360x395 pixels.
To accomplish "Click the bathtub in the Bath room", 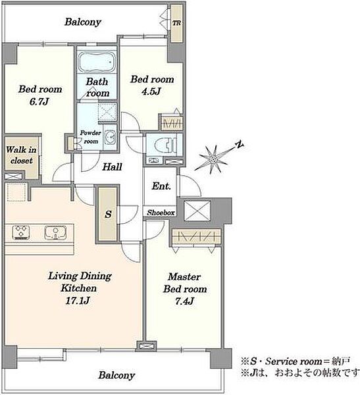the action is click(x=97, y=62).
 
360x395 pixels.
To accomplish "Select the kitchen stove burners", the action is click(x=21, y=232).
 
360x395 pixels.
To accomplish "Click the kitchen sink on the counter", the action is click(x=55, y=232).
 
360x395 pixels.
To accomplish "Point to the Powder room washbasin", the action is click(x=110, y=138).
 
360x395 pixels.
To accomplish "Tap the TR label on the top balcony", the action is click(x=176, y=23).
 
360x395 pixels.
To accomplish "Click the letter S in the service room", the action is click(x=108, y=215).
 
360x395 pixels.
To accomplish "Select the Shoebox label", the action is click(x=161, y=213).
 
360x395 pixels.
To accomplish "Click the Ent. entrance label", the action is click(x=161, y=186).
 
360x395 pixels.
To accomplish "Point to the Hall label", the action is click(x=112, y=167).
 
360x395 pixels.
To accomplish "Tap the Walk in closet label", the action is click(x=21, y=155).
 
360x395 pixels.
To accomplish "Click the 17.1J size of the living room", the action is click(x=78, y=301).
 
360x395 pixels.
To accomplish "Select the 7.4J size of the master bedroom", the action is click(x=185, y=301).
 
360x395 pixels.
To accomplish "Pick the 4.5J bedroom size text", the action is click(x=151, y=92).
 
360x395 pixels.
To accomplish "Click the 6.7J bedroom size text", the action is click(x=39, y=101).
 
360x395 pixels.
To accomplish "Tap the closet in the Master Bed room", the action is click(x=196, y=237).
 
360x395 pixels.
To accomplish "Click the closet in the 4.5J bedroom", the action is click(x=172, y=123).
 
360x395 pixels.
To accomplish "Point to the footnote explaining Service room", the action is click(x=296, y=361).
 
